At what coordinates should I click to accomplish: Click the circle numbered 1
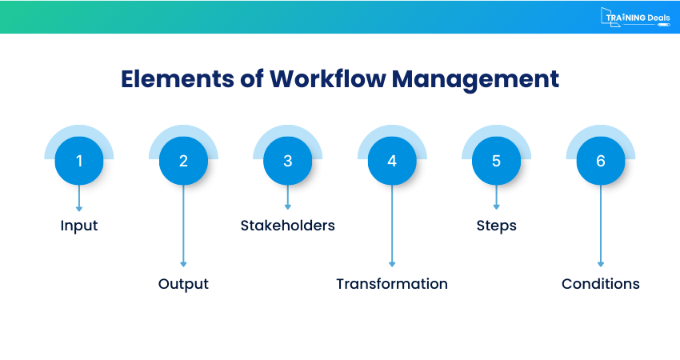tap(79, 161)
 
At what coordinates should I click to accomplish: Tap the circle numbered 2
tap(183, 161)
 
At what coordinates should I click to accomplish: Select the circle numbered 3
tap(288, 161)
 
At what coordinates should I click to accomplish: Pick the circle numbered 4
tap(392, 161)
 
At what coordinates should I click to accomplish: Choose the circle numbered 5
tap(496, 161)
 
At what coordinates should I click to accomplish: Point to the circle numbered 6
tap(601, 161)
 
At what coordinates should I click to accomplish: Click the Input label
tap(79, 226)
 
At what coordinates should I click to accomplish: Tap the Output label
tap(183, 284)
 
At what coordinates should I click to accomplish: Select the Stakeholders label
tap(288, 226)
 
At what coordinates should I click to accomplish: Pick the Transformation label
tap(392, 284)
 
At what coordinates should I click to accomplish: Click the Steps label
tap(496, 226)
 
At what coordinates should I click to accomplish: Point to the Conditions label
tap(601, 284)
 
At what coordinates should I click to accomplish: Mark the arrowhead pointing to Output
tap(183, 263)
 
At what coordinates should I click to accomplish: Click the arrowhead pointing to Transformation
tap(392, 263)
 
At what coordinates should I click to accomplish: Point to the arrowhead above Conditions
tap(601, 263)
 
